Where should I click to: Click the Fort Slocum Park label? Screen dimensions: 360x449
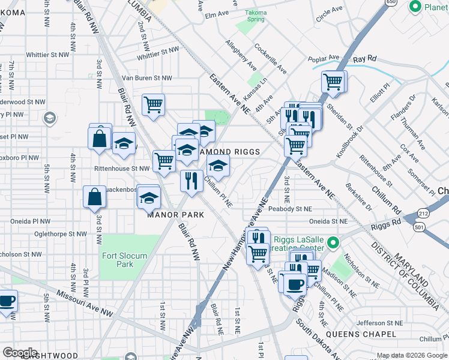coord(124,260)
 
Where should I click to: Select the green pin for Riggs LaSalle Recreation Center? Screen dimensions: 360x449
coord(334,244)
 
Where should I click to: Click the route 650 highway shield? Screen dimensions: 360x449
coord(391,3)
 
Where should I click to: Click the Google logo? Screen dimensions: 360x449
coord(20,352)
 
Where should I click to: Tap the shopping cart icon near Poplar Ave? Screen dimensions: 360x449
coord(333,81)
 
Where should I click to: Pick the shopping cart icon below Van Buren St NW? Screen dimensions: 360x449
coord(154,104)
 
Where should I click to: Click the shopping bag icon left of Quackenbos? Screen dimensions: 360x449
coord(95,196)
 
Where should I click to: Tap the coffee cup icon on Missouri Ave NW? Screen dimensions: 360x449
coord(6,300)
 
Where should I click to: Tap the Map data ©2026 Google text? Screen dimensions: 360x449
coord(411,355)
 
